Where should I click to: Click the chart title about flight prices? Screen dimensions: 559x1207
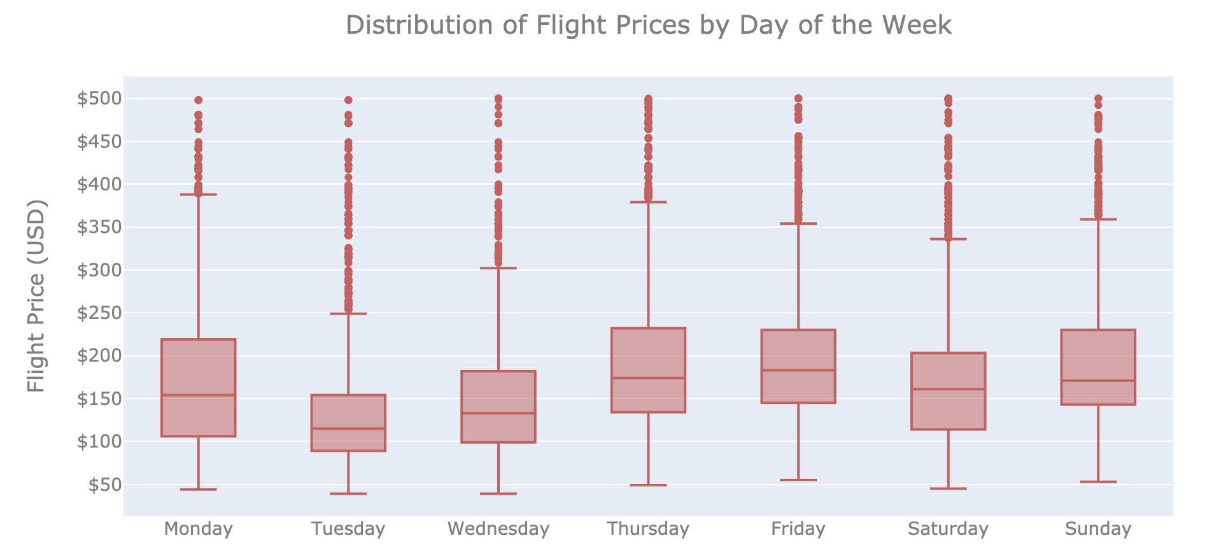[648, 25]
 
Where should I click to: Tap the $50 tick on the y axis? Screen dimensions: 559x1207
[104, 485]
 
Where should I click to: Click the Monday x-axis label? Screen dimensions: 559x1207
[198, 529]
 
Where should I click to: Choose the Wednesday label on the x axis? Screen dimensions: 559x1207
[498, 529]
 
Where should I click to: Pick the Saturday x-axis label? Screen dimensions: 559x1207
[948, 529]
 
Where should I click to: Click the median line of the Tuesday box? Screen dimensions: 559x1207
[348, 428]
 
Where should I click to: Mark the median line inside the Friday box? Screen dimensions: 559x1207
[798, 371]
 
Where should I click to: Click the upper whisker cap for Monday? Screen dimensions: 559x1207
[198, 194]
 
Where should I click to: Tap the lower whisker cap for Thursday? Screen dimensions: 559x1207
[648, 485]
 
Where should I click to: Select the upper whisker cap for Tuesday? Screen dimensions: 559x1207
[348, 314]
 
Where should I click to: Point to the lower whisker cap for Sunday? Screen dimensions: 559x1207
[1098, 482]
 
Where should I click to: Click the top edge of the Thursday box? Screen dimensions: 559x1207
[648, 329]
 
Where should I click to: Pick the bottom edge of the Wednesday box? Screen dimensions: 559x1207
[498, 442]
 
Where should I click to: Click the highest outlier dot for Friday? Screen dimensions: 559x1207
[798, 99]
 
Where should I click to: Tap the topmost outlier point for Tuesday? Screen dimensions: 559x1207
[348, 100]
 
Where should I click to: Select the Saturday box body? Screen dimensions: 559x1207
[948, 407]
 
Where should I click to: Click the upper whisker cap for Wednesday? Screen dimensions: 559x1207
[498, 268]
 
